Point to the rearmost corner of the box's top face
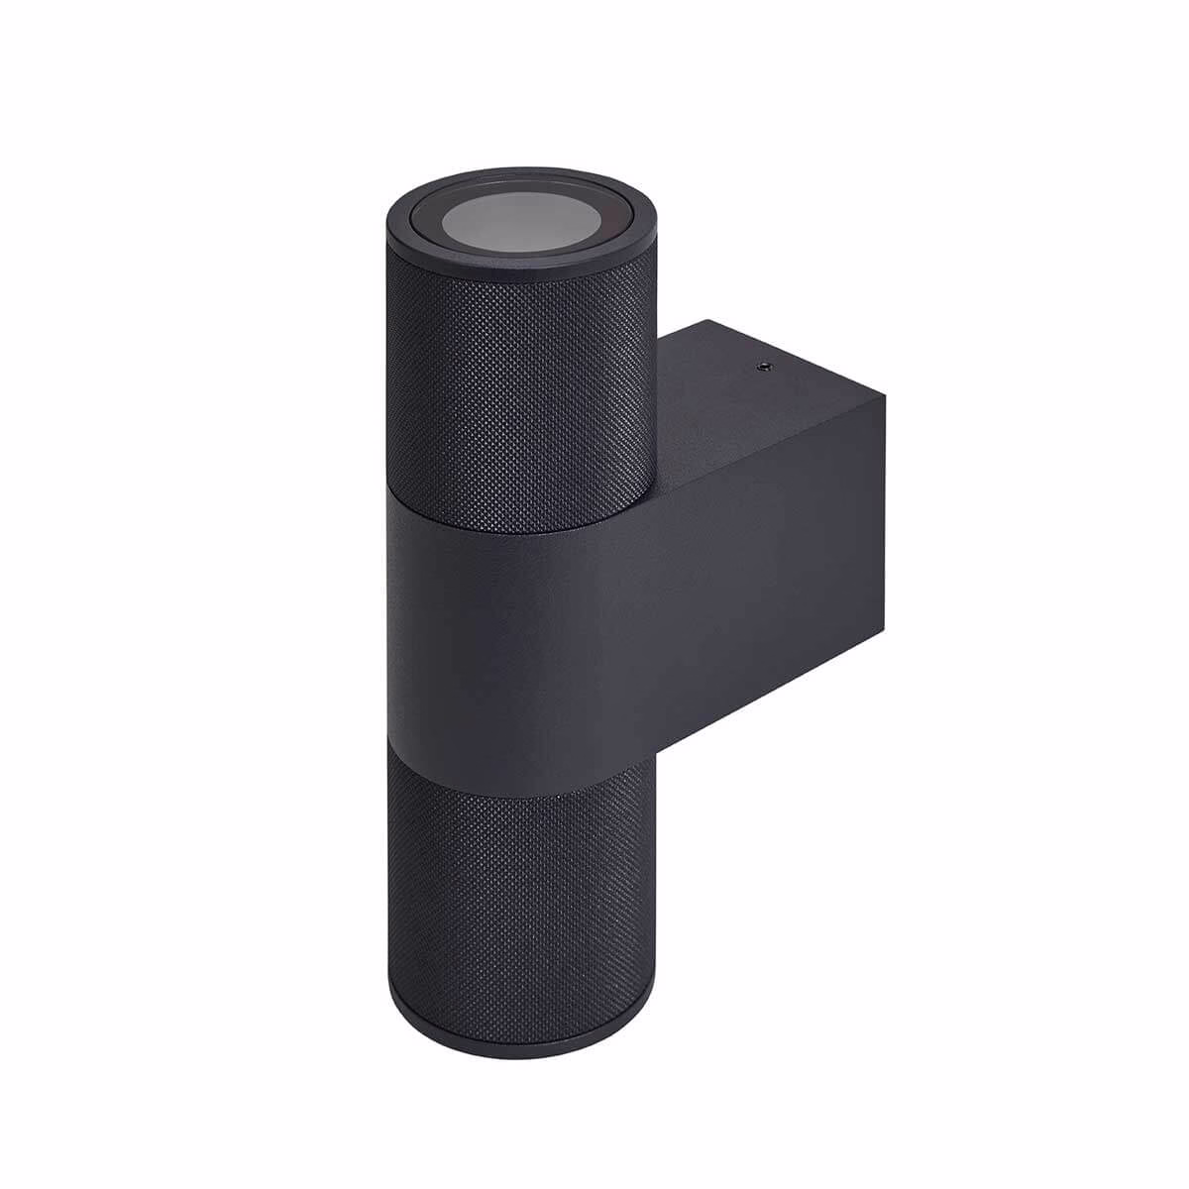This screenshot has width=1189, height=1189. (x=703, y=319)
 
